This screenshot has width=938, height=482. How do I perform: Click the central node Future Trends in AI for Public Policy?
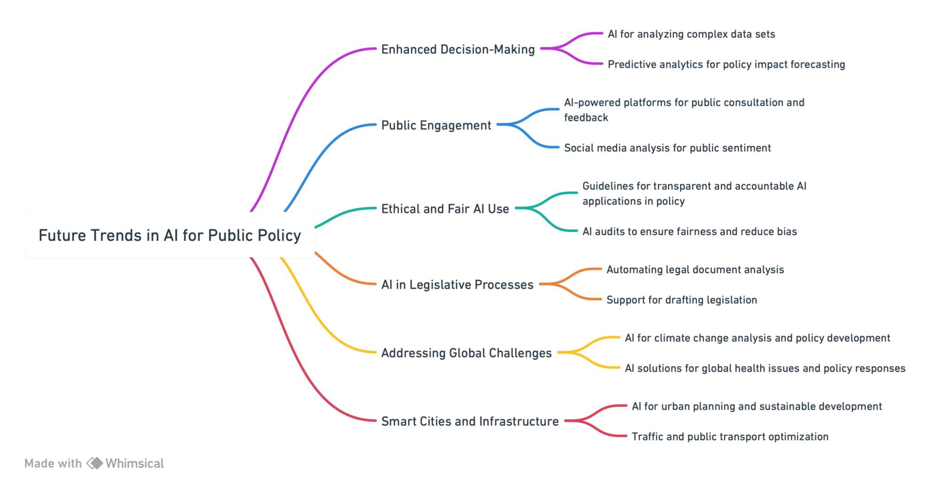point(170,235)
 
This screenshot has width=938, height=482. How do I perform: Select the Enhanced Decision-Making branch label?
point(458,49)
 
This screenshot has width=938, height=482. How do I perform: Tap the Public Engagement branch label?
point(436,125)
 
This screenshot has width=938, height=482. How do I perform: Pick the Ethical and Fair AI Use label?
point(445,208)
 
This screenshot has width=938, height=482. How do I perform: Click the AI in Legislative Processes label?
point(457,285)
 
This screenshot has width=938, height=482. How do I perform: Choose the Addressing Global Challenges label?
point(466,353)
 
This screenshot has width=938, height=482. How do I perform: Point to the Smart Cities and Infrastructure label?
point(470,421)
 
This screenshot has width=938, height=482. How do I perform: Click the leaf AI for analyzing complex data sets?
point(691,34)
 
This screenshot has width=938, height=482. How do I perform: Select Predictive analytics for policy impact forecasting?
point(726,64)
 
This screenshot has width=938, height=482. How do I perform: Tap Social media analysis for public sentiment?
point(667,148)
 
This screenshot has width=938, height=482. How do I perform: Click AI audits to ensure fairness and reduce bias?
point(689,231)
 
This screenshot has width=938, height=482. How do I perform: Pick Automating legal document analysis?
point(695,269)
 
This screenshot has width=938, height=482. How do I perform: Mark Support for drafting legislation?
point(682,300)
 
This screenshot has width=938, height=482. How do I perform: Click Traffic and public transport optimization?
point(730,437)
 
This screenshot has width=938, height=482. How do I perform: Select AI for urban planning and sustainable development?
point(756,406)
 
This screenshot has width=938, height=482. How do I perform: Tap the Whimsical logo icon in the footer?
point(95,463)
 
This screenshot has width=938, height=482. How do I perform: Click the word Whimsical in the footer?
point(135,463)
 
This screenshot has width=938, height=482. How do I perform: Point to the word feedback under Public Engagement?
point(586,117)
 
